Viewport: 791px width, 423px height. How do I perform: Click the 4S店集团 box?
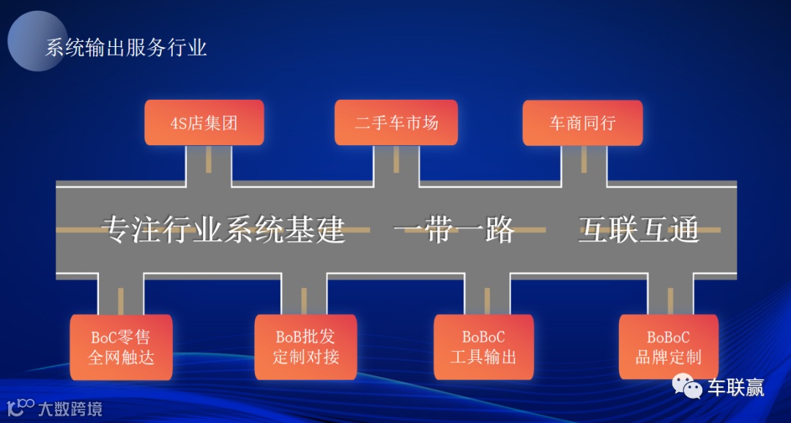tap(204, 122)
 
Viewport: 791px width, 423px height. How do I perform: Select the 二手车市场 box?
tap(395, 122)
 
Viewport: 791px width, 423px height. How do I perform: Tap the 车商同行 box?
tap(582, 122)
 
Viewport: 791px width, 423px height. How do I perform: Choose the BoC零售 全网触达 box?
tap(121, 347)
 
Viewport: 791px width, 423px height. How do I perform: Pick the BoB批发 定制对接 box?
tap(305, 347)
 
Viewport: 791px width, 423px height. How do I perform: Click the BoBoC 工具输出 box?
tap(483, 347)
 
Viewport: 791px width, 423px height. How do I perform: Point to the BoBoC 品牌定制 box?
tap(668, 347)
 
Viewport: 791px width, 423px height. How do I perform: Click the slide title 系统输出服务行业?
tap(126, 48)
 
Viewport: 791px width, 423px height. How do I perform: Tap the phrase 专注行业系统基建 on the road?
tap(223, 230)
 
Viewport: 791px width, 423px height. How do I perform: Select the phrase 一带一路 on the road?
tap(454, 230)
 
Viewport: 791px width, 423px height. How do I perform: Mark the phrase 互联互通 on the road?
tap(639, 230)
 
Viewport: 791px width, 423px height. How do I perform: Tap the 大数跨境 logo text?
tap(70, 408)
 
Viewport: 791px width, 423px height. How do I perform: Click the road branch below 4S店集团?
tap(208, 163)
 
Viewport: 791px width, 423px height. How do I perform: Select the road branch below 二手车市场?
tap(396, 163)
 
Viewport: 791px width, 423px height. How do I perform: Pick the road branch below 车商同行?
tap(584, 163)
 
